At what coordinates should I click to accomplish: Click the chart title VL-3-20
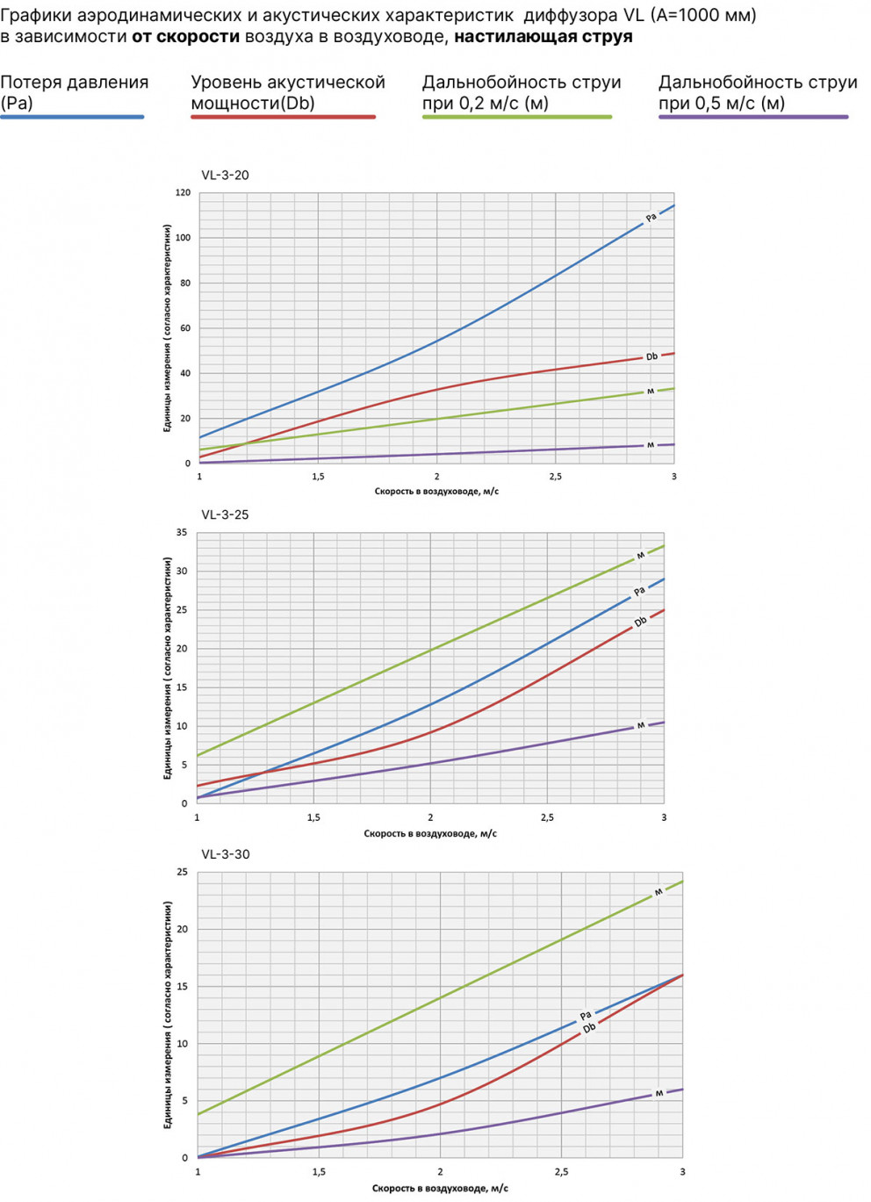(x=225, y=175)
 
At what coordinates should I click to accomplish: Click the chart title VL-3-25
(x=225, y=515)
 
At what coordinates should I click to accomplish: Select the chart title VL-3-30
(x=225, y=854)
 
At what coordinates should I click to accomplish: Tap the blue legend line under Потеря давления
(x=72, y=117)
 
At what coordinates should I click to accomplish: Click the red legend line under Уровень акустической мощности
(x=283, y=117)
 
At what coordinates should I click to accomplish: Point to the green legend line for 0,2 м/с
(x=516, y=117)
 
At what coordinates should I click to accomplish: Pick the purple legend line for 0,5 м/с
(x=753, y=117)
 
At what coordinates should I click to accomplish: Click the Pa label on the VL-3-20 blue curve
(x=651, y=217)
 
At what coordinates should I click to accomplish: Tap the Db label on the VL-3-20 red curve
(x=651, y=356)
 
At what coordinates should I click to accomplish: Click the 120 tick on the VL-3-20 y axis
(x=183, y=192)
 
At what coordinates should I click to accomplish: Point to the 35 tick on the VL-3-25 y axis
(x=182, y=532)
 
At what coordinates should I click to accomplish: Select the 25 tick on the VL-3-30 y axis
(x=183, y=872)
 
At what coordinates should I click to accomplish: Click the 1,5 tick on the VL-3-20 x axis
(x=318, y=477)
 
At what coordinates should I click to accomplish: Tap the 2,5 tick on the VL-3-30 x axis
(x=561, y=1171)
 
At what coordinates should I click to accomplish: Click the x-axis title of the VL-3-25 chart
(x=430, y=833)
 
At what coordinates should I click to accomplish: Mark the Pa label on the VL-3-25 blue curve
(x=639, y=591)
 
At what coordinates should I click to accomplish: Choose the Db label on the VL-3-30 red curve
(x=589, y=1028)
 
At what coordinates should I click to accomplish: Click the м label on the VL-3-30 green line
(x=658, y=892)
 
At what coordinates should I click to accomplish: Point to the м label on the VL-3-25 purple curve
(x=641, y=725)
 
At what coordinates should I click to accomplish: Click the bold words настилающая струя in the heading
(x=543, y=37)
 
